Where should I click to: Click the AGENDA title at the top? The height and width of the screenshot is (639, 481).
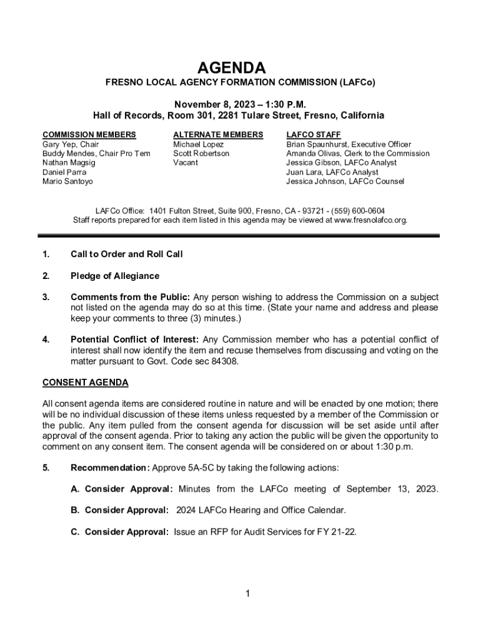click(x=241, y=67)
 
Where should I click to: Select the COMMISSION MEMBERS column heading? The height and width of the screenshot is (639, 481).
click(x=89, y=135)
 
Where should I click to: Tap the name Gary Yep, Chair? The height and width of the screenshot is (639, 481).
click(x=70, y=144)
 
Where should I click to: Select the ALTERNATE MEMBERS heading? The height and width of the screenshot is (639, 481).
click(x=218, y=135)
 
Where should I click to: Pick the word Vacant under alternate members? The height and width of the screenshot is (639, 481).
click(x=186, y=163)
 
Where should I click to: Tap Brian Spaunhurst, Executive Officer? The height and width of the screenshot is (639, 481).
click(x=349, y=144)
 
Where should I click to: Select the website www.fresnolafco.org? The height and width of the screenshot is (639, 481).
click(x=371, y=220)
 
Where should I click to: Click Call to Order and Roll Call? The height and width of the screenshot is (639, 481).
click(x=126, y=254)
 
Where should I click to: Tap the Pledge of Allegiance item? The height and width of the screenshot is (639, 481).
click(x=115, y=276)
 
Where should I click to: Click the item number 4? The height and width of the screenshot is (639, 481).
click(x=46, y=339)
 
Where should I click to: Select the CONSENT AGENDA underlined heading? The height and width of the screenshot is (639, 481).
click(x=85, y=382)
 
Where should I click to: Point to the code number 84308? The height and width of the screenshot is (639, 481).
click(x=224, y=361)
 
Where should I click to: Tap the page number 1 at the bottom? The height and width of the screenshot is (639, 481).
click(x=248, y=593)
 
